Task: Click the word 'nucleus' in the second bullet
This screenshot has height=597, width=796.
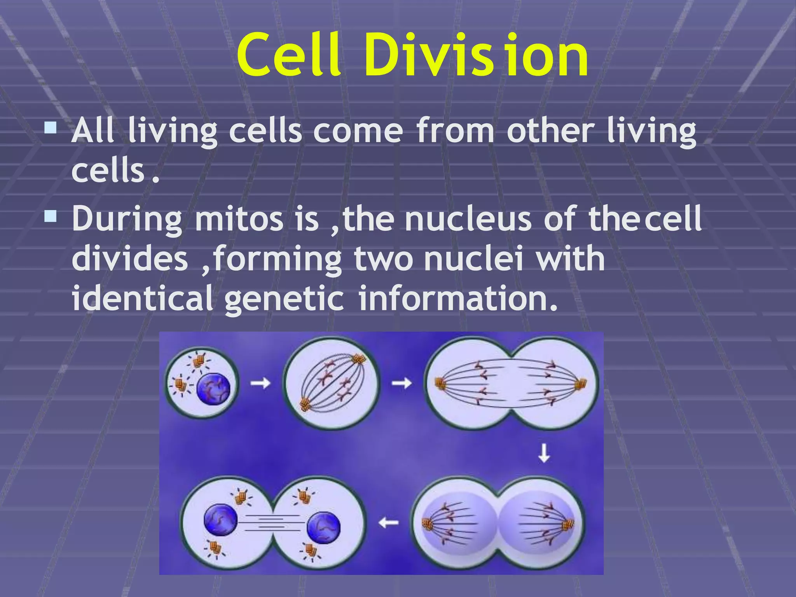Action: click(x=468, y=219)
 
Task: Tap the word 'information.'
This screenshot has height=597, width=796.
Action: click(x=457, y=298)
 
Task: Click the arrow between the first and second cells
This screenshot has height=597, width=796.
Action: click(x=260, y=383)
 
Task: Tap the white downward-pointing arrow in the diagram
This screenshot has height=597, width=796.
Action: click(x=544, y=454)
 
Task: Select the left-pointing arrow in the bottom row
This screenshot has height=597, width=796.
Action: click(x=389, y=522)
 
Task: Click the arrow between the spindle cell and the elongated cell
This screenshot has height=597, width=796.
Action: click(x=401, y=383)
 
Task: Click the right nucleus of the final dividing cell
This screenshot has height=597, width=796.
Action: click(x=323, y=527)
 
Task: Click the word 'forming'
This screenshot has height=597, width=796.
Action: click(x=278, y=259)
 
